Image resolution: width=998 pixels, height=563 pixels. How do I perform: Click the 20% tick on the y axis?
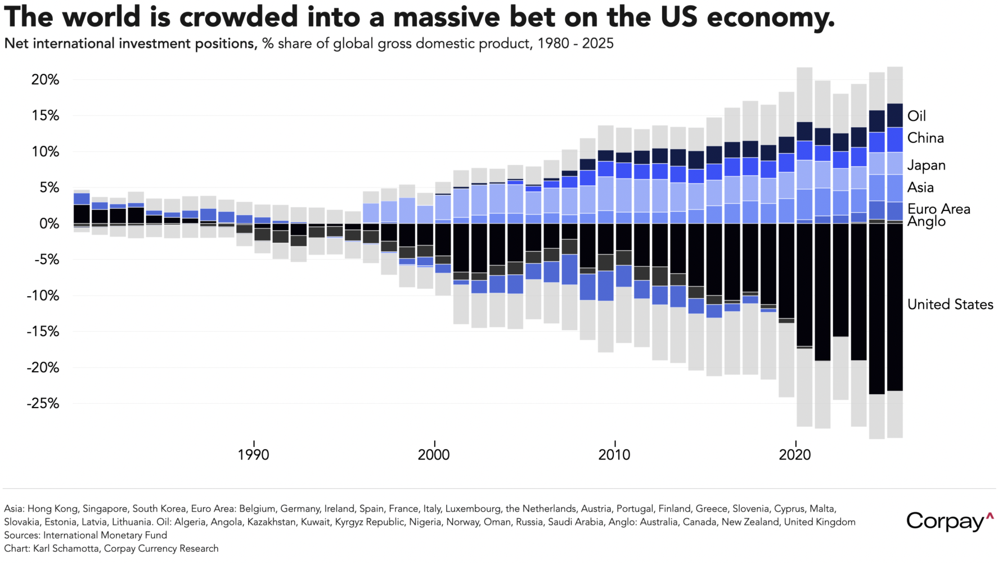click(x=45, y=80)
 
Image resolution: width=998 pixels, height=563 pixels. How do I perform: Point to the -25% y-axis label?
click(x=43, y=404)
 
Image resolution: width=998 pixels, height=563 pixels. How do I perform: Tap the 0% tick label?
click(x=48, y=224)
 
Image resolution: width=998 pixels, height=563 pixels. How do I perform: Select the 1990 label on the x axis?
click(x=253, y=455)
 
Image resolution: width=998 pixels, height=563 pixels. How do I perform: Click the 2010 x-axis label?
click(x=614, y=455)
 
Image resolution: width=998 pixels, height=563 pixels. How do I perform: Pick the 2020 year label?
click(x=794, y=455)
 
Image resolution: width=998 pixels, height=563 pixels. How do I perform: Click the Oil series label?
click(x=916, y=116)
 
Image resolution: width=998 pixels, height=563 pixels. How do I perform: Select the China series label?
click(x=925, y=138)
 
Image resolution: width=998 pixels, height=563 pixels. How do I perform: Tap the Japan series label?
click(x=927, y=166)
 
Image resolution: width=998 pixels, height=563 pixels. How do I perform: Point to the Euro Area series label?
click(x=939, y=209)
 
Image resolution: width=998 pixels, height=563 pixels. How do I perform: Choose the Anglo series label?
click(x=927, y=221)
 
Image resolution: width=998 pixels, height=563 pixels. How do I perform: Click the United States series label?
click(x=950, y=305)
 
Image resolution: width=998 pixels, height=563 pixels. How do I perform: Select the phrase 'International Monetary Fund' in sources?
click(x=105, y=535)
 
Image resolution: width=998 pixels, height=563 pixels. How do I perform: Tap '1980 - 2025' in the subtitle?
click(x=576, y=44)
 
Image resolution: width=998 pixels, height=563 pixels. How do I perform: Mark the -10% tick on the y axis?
click(x=43, y=296)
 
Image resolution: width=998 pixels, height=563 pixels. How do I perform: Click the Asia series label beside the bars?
click(x=920, y=187)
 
